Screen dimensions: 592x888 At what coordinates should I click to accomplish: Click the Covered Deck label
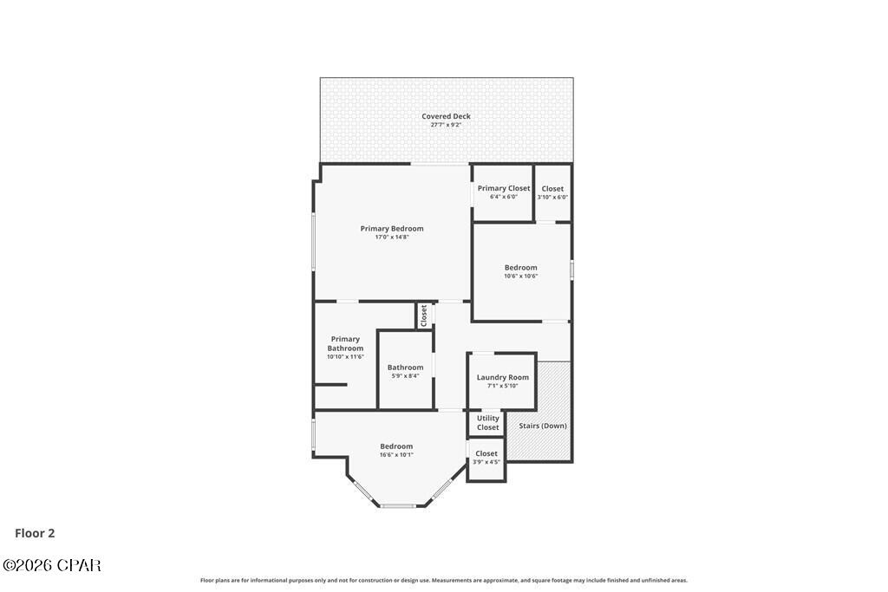[x=446, y=116]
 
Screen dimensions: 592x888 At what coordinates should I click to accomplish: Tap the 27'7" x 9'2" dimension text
[x=446, y=125]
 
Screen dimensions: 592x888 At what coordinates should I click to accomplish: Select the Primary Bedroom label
[x=392, y=229]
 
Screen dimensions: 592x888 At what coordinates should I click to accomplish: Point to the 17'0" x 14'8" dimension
[x=392, y=237]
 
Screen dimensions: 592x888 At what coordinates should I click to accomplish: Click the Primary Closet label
[x=503, y=188]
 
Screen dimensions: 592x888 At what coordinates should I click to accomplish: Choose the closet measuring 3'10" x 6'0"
[x=552, y=192]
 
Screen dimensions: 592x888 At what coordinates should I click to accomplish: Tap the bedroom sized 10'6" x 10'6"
[x=520, y=271]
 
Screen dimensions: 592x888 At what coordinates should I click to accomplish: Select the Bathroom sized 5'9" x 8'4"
[x=405, y=371]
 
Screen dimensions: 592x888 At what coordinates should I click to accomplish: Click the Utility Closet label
[x=488, y=423]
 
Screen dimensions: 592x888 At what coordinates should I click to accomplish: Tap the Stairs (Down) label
[x=543, y=426]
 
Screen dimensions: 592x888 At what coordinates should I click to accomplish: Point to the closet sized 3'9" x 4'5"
[x=486, y=457]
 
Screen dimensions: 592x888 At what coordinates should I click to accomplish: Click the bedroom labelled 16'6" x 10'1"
[x=396, y=450]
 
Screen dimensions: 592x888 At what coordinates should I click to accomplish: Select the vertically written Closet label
[x=424, y=316]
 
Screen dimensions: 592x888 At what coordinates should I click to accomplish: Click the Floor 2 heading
[x=35, y=534]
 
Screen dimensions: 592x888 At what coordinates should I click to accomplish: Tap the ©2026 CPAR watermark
[x=52, y=565]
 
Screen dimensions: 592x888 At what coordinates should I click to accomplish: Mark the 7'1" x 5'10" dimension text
[x=502, y=386]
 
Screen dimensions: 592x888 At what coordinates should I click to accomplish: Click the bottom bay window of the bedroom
[x=398, y=505]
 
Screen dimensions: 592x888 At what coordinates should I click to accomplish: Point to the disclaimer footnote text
[x=444, y=580]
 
